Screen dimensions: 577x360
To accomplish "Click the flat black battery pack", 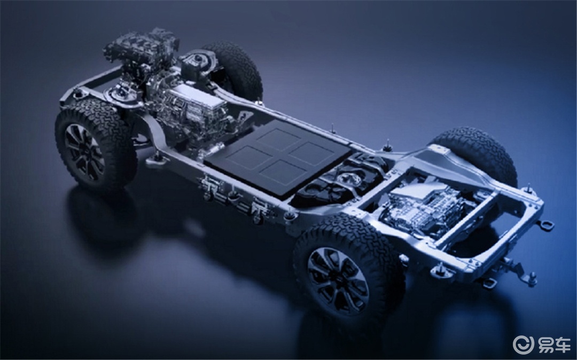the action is click(x=278, y=157).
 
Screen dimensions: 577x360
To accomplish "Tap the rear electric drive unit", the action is click(x=423, y=209).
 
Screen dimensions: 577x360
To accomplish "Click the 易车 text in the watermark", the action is click(x=554, y=345).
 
